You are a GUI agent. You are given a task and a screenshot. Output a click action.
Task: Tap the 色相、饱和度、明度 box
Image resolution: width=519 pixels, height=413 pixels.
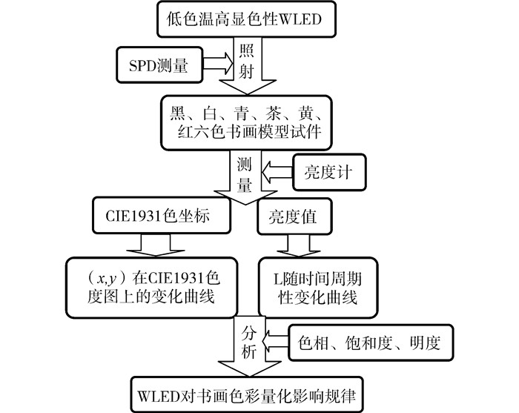tap(369, 343)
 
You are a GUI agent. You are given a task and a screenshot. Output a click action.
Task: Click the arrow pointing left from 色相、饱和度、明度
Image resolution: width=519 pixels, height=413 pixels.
tap(276, 343)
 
